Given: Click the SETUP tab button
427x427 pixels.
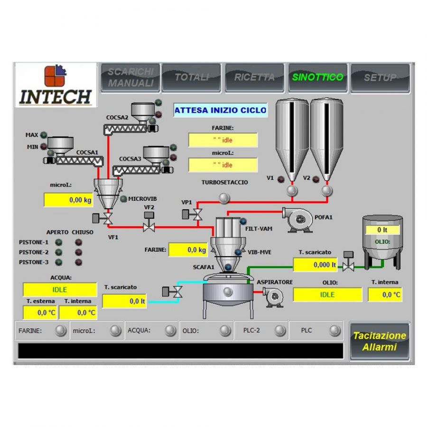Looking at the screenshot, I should pyautogui.click(x=380, y=78).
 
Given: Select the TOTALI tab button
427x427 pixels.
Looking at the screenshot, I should pyautogui.click(x=191, y=78).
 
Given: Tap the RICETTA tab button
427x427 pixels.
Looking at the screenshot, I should pyautogui.click(x=254, y=78).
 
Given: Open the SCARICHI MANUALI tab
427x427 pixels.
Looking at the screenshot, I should pyautogui.click(x=130, y=78).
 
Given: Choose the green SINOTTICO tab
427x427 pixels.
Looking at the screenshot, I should pyautogui.click(x=317, y=78).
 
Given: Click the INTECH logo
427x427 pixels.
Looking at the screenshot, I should pyautogui.click(x=56, y=86).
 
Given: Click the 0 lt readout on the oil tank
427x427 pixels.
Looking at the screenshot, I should pyautogui.click(x=382, y=230).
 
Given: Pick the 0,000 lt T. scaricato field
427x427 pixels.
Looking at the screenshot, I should pyautogui.click(x=315, y=265).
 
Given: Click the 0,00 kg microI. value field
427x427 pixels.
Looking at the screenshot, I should pyautogui.click(x=68, y=200).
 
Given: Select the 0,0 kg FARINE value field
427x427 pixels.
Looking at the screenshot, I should pyautogui.click(x=188, y=250).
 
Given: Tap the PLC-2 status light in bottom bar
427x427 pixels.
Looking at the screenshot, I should pyautogui.click(x=280, y=331).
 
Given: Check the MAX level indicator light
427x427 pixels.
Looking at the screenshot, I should pyautogui.click(x=44, y=135).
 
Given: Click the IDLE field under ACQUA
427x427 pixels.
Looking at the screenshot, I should pyautogui.click(x=60, y=289).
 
